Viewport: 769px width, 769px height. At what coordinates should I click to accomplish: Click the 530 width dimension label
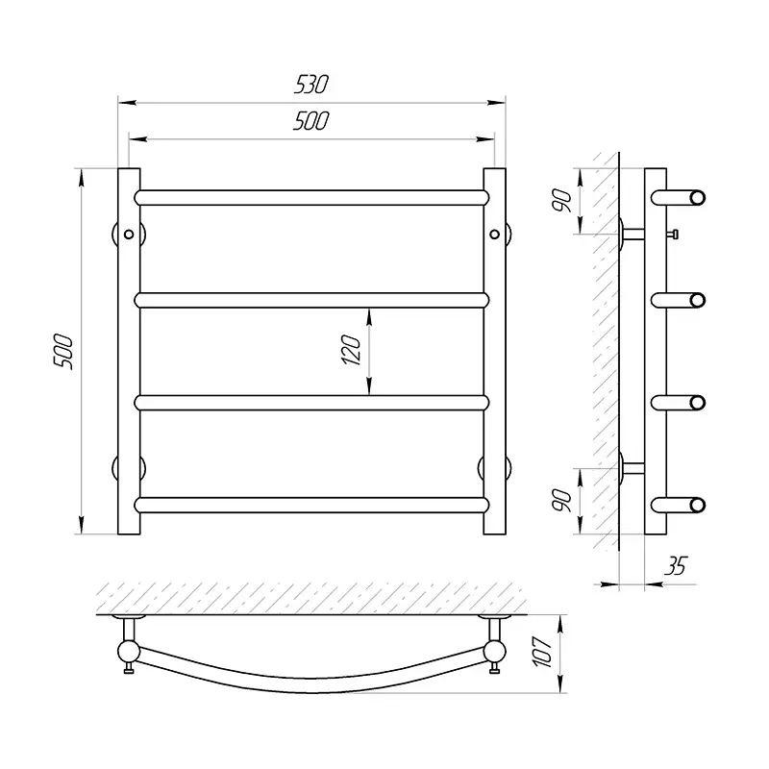click(x=310, y=85)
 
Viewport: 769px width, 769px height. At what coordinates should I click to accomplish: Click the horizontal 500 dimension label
click(x=310, y=121)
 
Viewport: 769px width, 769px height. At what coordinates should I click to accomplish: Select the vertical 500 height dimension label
click(x=63, y=352)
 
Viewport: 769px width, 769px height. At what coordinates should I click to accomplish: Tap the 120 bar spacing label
click(x=351, y=350)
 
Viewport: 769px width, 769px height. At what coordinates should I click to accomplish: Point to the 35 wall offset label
click(x=676, y=566)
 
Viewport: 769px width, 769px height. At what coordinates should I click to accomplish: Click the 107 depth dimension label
click(x=543, y=652)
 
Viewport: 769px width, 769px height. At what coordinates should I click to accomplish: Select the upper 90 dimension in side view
click(x=562, y=201)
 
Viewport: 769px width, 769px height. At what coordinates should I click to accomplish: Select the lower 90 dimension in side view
click(x=562, y=500)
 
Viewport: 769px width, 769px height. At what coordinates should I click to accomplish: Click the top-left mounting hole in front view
click(x=129, y=235)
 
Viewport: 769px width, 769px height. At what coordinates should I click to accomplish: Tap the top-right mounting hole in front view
click(x=494, y=235)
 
